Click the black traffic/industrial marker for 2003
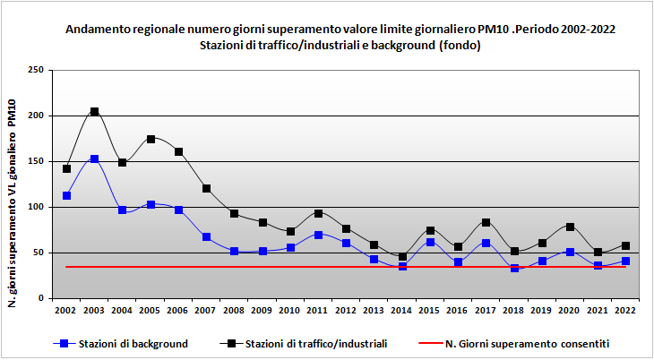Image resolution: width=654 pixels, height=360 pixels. pyautogui.click(x=94, y=112)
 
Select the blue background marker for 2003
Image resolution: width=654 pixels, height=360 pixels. pyautogui.click(x=94, y=159)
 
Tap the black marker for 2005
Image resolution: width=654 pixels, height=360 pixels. pyautogui.click(x=151, y=139)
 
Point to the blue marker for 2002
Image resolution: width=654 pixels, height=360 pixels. pyautogui.click(x=66, y=195)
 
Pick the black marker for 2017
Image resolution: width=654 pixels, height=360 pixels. pyautogui.click(x=486, y=222)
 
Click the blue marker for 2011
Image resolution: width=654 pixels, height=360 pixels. pyautogui.click(x=318, y=235)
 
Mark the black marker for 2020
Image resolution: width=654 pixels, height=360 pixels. pyautogui.click(x=570, y=227)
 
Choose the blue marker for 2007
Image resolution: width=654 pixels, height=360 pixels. pyautogui.click(x=206, y=236)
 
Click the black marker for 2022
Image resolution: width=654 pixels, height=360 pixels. pyautogui.click(x=625, y=245)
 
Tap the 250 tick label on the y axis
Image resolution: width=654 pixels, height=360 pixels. pyautogui.click(x=36, y=70)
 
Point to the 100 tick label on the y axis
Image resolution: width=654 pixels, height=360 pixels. pyautogui.click(x=36, y=207)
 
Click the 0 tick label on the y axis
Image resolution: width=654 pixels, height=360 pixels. pyautogui.click(x=41, y=298)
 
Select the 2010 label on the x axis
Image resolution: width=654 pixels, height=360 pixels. pyautogui.click(x=290, y=310)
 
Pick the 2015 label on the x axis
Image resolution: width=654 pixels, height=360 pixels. pyautogui.click(x=430, y=310)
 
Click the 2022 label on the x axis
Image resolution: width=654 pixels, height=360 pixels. pyautogui.click(x=625, y=310)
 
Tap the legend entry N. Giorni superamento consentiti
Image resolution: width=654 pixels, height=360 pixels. pyautogui.click(x=527, y=343)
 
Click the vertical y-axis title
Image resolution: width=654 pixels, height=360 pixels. pyautogui.click(x=13, y=184)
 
